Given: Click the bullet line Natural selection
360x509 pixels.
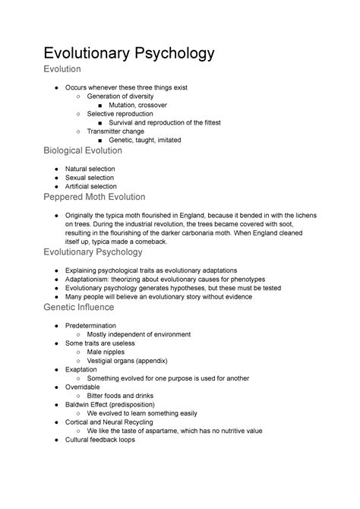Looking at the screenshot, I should point(90,168).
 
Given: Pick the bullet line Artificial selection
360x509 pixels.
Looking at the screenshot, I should point(91,186).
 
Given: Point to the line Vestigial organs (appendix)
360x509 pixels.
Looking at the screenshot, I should point(128,360).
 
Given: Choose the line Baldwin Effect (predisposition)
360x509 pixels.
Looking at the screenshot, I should point(116,404).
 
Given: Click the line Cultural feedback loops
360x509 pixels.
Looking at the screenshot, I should point(100,439).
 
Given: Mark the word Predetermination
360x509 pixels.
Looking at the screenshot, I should point(93,325).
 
